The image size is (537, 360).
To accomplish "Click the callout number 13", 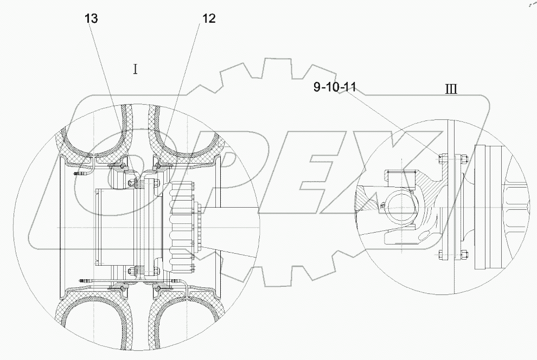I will pos(91,19).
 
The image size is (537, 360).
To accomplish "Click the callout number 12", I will pos(209,19).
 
